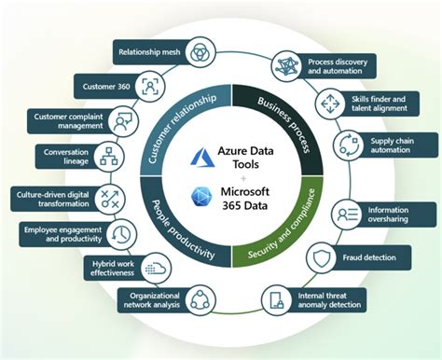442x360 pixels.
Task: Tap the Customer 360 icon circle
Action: pyautogui.click(x=150, y=86)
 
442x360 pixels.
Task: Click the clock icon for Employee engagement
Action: pyautogui.click(x=119, y=233)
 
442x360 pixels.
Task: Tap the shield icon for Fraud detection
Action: pyautogui.click(x=322, y=256)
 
